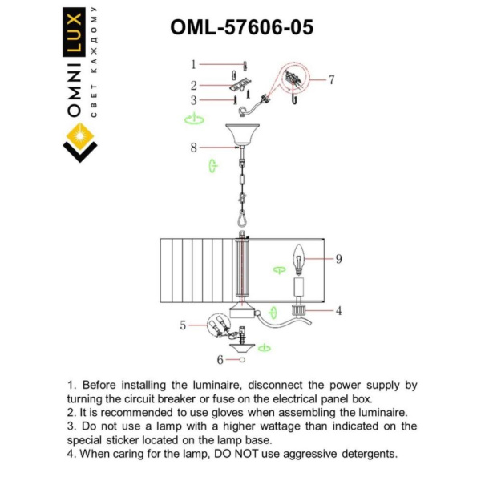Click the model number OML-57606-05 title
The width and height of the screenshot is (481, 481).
241,27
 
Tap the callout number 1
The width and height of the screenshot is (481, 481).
193,63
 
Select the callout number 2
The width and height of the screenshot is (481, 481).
193,85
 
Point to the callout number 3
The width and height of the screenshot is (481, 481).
193,101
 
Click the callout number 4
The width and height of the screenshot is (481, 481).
338,310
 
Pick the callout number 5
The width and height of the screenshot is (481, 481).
183,325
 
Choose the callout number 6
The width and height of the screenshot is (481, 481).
331,79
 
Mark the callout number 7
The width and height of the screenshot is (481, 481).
193,148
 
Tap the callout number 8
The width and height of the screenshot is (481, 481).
338,259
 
